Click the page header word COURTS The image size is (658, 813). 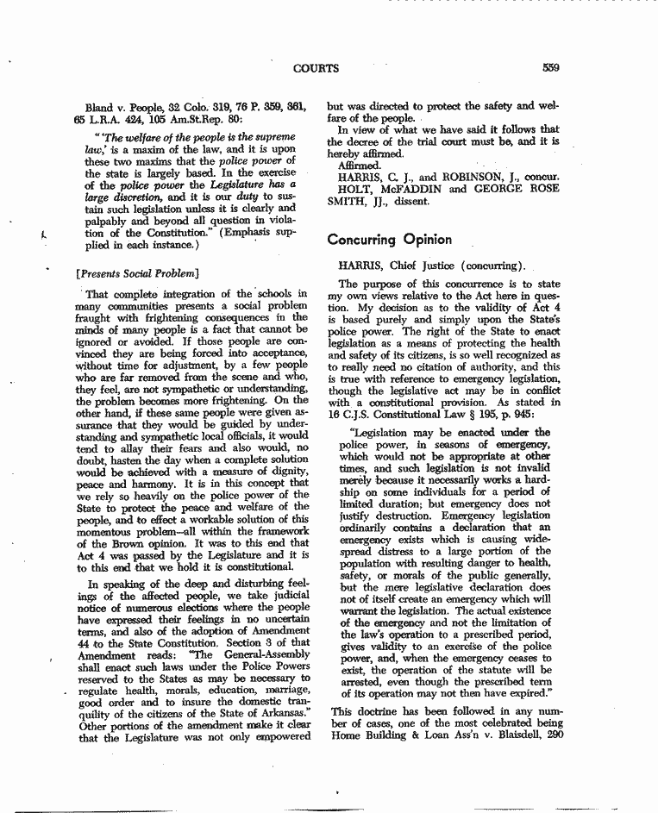tap(316, 68)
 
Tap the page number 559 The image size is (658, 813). tap(551, 68)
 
